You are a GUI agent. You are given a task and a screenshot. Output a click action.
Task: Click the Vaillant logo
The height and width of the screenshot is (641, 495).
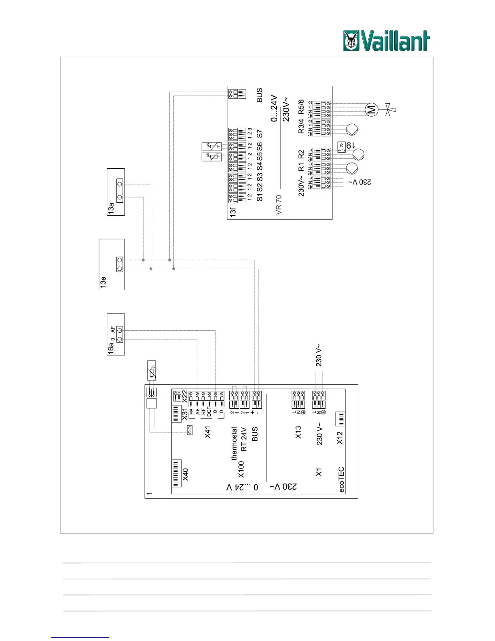[x=386, y=41]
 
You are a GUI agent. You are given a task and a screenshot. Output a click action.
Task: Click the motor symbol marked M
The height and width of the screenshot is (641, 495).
[x=371, y=109]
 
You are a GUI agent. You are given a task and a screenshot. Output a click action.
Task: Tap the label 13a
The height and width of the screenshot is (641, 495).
[x=111, y=208]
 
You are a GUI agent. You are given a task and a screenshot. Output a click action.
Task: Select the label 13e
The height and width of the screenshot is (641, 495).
[x=103, y=282]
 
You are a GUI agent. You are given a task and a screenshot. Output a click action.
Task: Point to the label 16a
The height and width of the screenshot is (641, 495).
[x=111, y=348]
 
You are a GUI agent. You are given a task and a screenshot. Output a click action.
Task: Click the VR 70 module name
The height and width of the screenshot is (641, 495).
[x=278, y=204]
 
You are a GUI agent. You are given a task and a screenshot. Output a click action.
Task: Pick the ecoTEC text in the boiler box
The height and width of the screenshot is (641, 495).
[x=341, y=480]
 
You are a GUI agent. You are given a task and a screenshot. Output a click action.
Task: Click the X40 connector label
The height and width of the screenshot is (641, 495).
[x=185, y=474]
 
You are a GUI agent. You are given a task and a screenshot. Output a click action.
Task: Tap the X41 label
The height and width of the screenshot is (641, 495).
[x=207, y=432]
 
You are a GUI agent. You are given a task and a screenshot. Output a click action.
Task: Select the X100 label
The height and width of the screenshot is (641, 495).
[x=241, y=469]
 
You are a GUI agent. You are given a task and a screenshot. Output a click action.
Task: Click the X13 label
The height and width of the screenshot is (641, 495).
[x=298, y=432]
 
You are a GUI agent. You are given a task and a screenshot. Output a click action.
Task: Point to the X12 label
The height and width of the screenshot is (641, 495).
[x=340, y=437]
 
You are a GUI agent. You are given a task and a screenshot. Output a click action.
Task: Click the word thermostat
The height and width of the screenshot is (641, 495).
[x=234, y=444]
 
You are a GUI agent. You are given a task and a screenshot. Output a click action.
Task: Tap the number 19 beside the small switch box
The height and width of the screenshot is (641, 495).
[x=351, y=145]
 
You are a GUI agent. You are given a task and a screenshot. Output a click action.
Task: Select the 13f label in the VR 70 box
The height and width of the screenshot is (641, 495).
[x=233, y=212]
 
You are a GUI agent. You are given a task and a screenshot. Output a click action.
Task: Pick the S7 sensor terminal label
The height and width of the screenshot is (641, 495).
[x=260, y=134]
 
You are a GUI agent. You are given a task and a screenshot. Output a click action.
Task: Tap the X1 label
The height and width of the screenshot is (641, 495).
[x=319, y=472]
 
